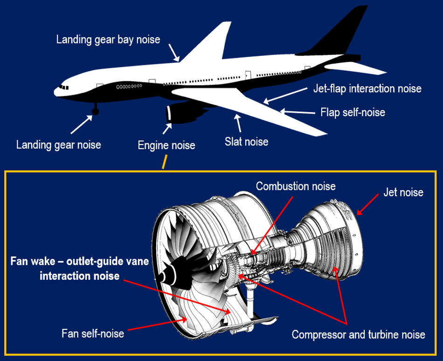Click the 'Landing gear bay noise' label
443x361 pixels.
click(108, 40)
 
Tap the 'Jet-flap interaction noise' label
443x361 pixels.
click(367, 89)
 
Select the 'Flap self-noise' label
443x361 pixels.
click(353, 112)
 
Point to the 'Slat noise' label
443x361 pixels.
click(246, 141)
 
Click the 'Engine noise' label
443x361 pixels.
click(166, 146)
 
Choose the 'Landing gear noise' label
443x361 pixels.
click(59, 145)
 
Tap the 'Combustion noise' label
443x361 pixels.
click(296, 186)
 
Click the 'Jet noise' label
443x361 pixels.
click(403, 192)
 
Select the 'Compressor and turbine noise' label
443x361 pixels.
click(358, 334)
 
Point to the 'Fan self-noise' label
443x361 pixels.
click(93, 333)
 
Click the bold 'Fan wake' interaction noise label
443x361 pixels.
click(80, 268)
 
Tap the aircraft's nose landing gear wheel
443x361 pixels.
click(96, 111)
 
